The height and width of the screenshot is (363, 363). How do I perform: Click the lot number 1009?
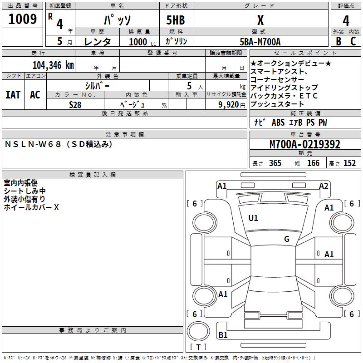pyautogui.click(x=23, y=20)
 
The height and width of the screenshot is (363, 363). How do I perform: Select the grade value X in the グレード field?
pyautogui.click(x=260, y=20)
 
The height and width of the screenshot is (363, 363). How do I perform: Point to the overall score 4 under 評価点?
pyautogui.click(x=346, y=20)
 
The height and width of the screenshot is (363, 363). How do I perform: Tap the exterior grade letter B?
pyautogui.click(x=338, y=41)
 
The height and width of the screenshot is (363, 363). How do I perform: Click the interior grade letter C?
pyautogui.click(x=353, y=41)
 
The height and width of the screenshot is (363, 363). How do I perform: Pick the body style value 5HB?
pyautogui.click(x=176, y=20)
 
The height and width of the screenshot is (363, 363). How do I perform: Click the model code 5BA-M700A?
pyautogui.click(x=260, y=42)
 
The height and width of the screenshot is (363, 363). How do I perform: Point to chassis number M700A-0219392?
pyautogui.click(x=305, y=144)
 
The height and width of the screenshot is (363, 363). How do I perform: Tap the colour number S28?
pyautogui.click(x=75, y=104)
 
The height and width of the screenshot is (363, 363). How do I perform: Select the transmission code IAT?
pyautogui.click(x=13, y=95)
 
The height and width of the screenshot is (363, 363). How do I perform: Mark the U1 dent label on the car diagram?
pyautogui.click(x=253, y=218)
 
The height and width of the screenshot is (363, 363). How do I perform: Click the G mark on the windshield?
pyautogui.click(x=287, y=239)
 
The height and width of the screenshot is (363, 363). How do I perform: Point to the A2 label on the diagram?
pyautogui.click(x=324, y=186)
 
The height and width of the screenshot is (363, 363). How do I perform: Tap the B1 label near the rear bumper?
pyautogui.click(x=223, y=335)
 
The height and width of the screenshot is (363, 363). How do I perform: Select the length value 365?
pyautogui.click(x=275, y=163)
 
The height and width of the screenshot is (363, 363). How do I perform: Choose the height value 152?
pyautogui.click(x=349, y=163)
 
